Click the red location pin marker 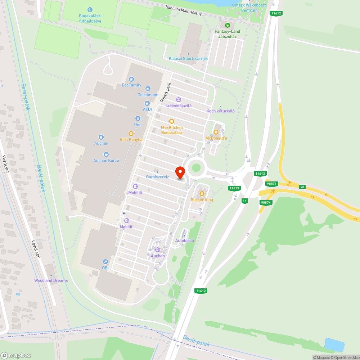click(x=180, y=172)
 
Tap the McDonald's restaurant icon click(x=216, y=132)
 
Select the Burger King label click(x=202, y=200)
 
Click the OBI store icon click(x=105, y=262)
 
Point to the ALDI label click(x=147, y=109)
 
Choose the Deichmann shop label click(x=148, y=95)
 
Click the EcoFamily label click(x=131, y=85)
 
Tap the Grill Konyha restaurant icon click(x=131, y=133)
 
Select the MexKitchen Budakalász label click(x=172, y=130)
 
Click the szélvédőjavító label click(x=178, y=106)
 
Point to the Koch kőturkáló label click(x=220, y=111)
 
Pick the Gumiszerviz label click(x=157, y=177)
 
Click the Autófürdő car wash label click(x=185, y=240)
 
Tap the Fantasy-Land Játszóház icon click(x=227, y=25)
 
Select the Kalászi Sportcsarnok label click(x=188, y=58)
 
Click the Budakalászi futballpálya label click(x=90, y=18)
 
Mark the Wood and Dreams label click(x=51, y=280)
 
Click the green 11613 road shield click(x=234, y=188)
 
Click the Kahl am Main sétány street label click(x=183, y=11)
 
